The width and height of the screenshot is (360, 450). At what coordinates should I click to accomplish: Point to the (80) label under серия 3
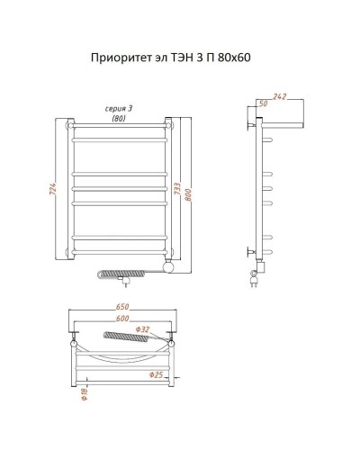coord(117,117)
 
